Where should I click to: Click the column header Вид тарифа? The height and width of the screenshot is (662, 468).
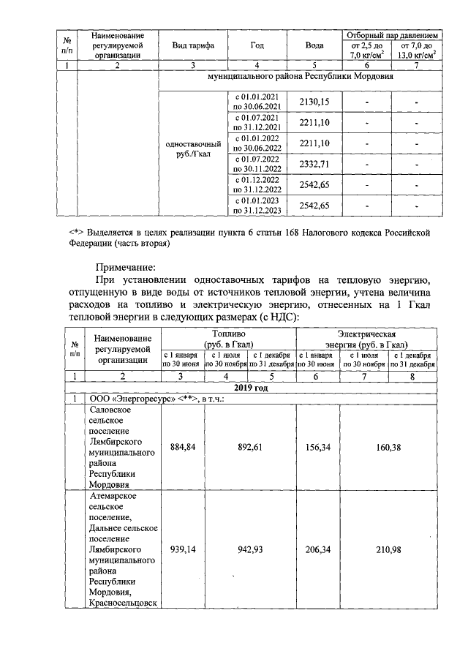click(x=193, y=45)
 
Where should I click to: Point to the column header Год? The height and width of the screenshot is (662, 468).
click(x=257, y=45)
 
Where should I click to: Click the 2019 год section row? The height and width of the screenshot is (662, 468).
click(x=251, y=388)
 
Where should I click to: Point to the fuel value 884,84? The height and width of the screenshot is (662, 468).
click(x=183, y=446)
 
